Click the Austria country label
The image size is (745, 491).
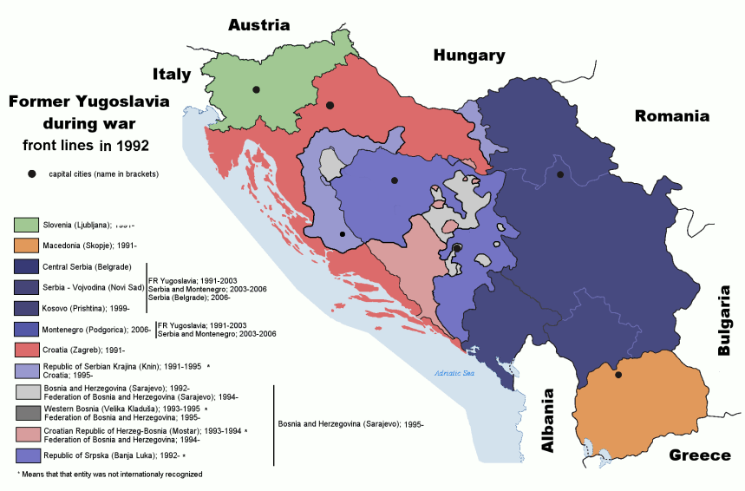(x=258, y=25)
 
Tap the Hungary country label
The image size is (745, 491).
(x=468, y=56)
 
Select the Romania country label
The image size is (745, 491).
(x=671, y=116)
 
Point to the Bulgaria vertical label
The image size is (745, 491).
(x=725, y=320)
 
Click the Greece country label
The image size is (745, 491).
(x=699, y=455)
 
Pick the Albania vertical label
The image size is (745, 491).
(x=547, y=420)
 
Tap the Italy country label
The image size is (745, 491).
(x=172, y=75)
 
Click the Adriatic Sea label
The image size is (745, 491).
(x=455, y=374)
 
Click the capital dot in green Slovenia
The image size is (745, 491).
(x=256, y=89)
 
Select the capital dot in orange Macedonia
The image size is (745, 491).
(x=618, y=375)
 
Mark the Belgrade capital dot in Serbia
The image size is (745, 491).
(x=560, y=174)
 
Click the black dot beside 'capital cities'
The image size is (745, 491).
(x=32, y=174)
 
